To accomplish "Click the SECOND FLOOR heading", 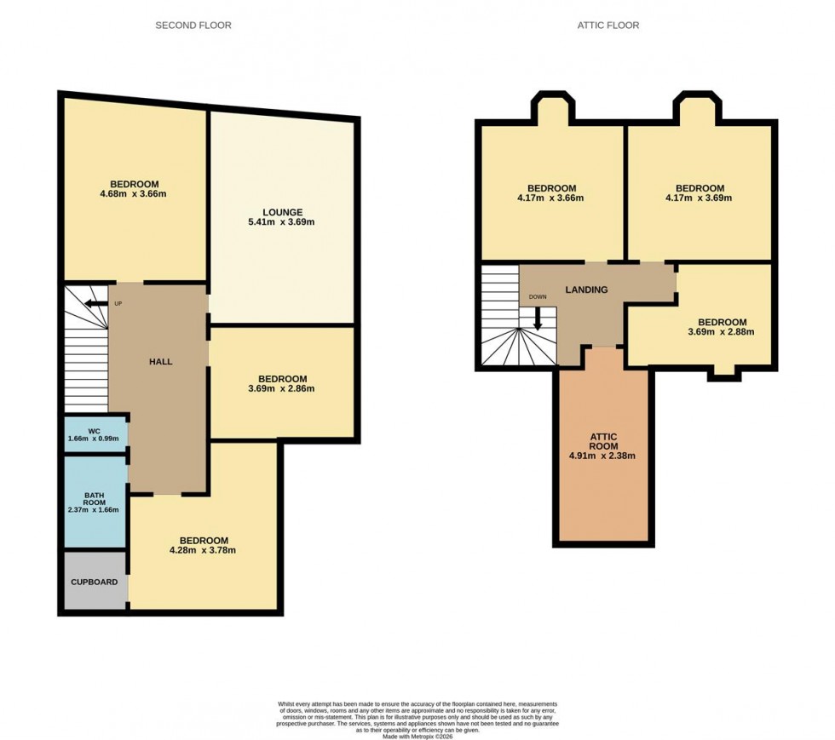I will click(x=193, y=26).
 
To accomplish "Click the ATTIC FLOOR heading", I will click(x=608, y=26).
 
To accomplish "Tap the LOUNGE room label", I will click(x=282, y=212).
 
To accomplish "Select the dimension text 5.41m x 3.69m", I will click(x=282, y=223).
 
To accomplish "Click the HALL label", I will click(x=160, y=362).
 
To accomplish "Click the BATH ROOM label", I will click(x=94, y=500).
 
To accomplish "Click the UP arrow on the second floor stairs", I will click(x=95, y=303).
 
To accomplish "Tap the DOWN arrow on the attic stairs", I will click(x=538, y=318).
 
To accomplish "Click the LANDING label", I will click(x=586, y=290).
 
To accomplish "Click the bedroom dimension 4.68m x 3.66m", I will click(x=133, y=194).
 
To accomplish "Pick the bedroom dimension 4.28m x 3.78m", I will click(x=203, y=550).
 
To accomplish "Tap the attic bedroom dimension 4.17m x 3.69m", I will click(x=700, y=198).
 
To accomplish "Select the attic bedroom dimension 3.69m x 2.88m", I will click(x=722, y=332).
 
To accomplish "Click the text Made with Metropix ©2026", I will click(x=417, y=724).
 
